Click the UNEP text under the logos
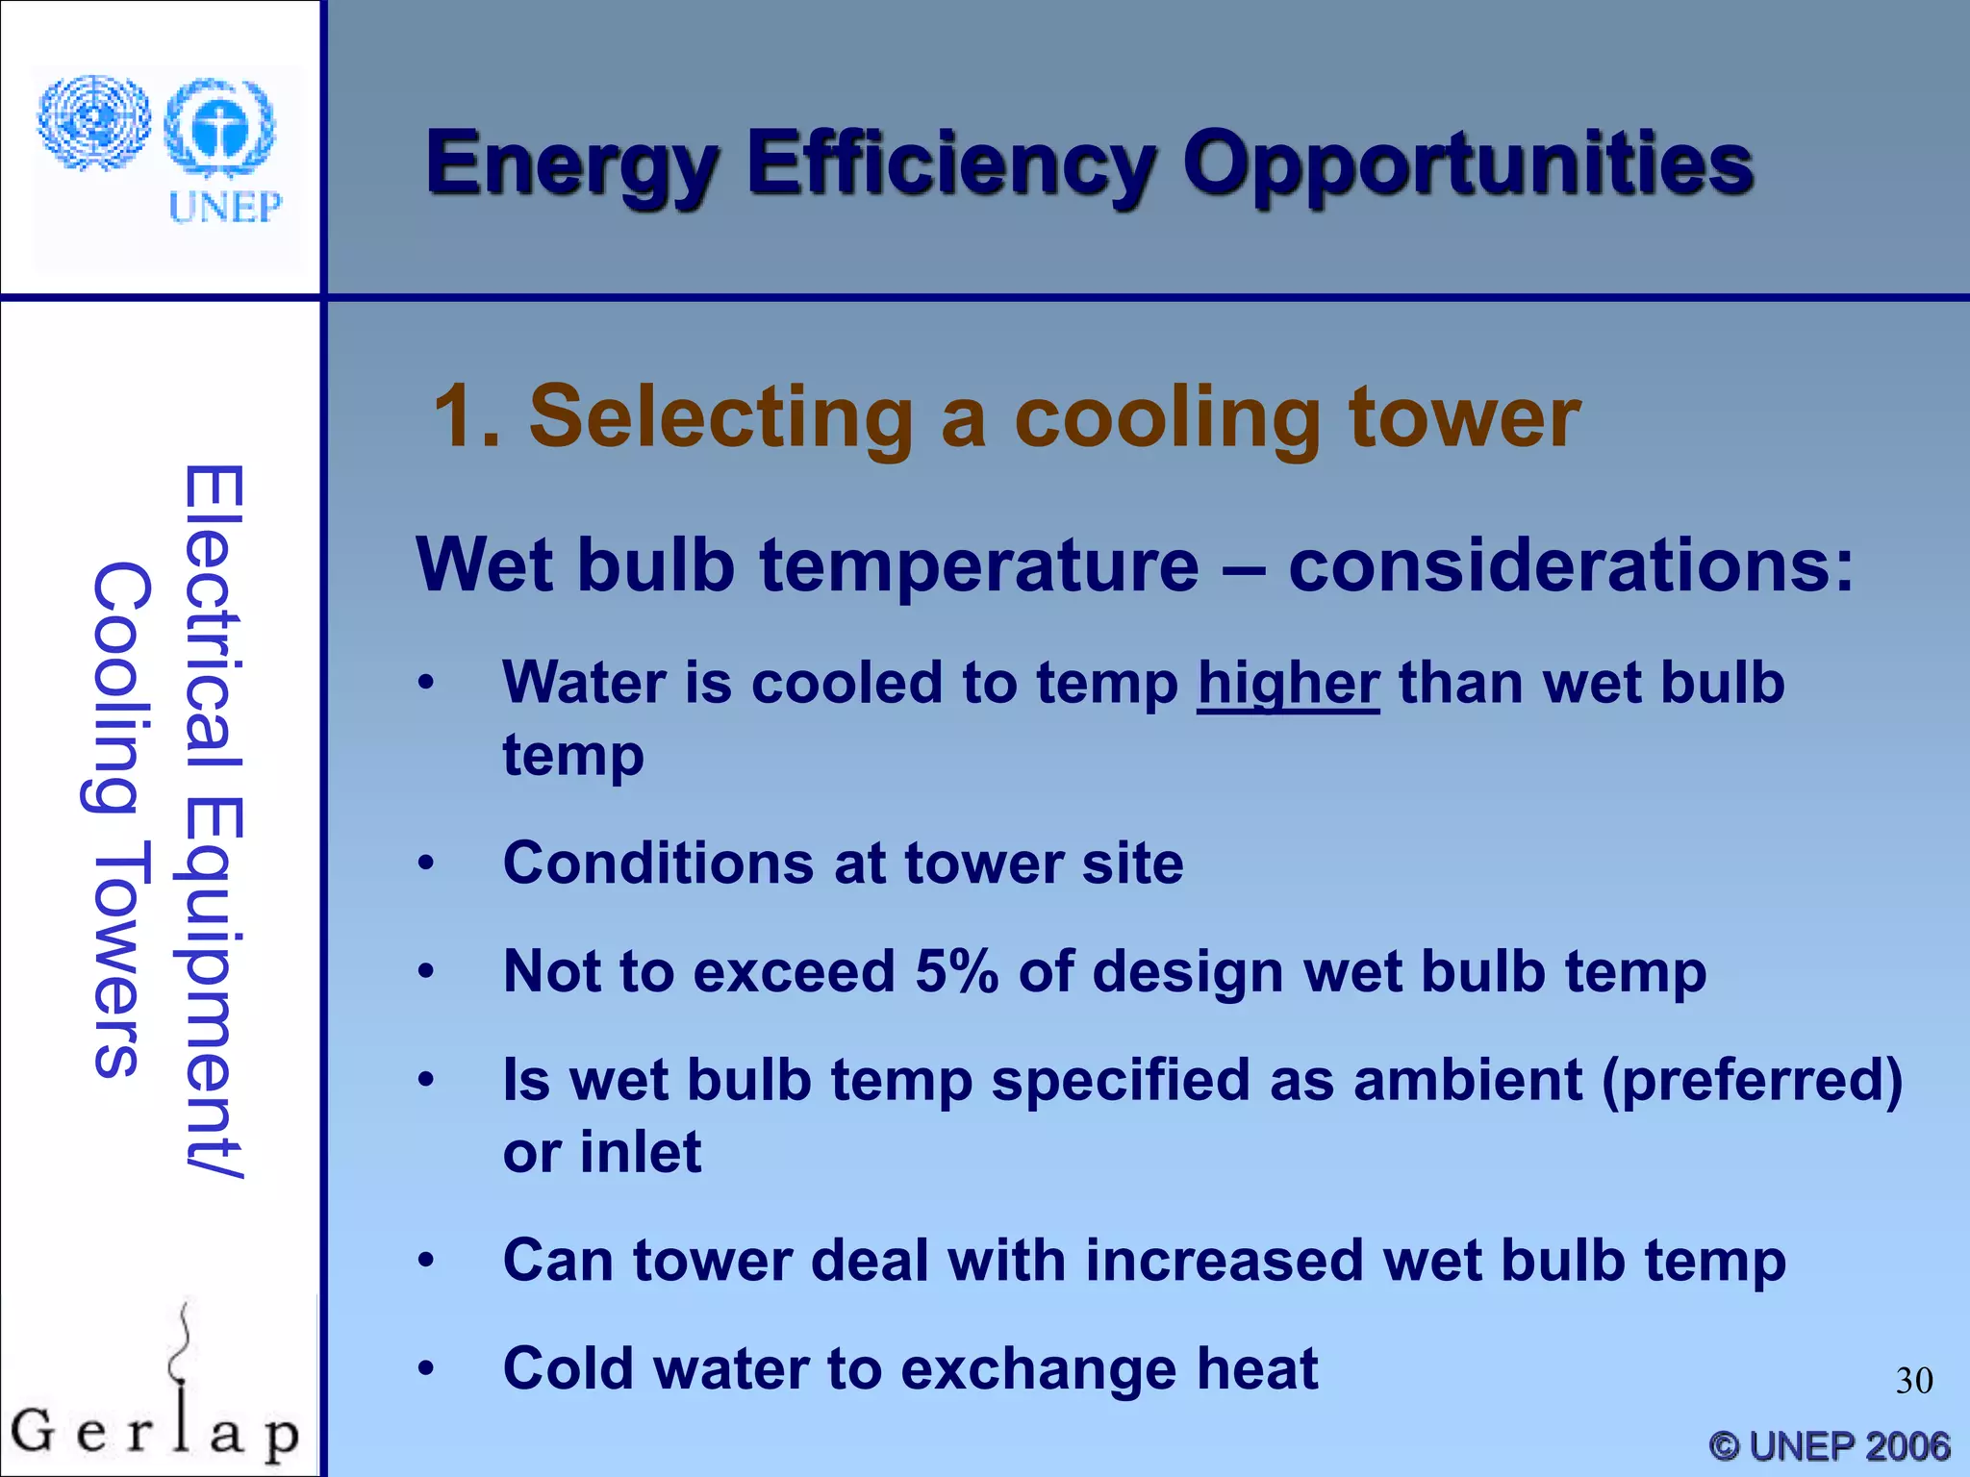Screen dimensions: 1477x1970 coord(225,207)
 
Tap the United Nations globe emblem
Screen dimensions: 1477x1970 coord(93,123)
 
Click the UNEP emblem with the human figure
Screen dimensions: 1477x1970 coord(220,127)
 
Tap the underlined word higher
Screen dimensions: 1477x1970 coord(1288,684)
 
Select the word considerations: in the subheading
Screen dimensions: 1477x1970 coord(1570,565)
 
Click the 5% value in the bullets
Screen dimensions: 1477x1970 coord(956,971)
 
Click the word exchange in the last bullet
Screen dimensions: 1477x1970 coord(1037,1368)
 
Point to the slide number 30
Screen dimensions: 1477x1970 coord(1913,1381)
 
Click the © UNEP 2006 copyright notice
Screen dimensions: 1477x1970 coord(1829,1445)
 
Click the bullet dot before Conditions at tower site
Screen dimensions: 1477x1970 coord(426,863)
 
